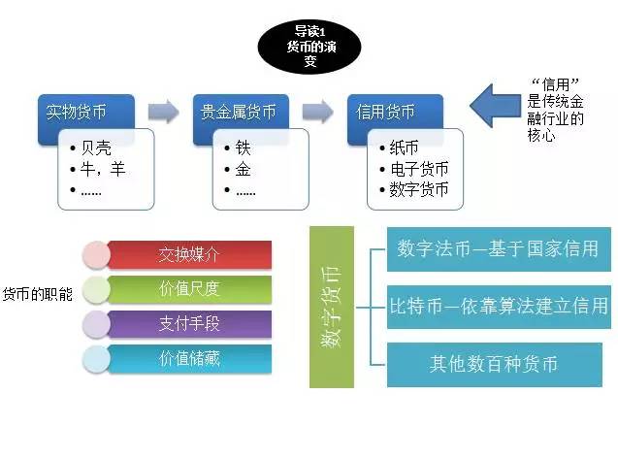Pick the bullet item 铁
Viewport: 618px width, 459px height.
pos(243,148)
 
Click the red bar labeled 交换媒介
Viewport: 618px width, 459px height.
pos(189,255)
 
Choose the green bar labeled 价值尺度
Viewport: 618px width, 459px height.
pos(189,289)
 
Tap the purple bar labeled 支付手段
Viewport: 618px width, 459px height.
pos(189,324)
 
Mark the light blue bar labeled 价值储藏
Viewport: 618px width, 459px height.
pos(189,358)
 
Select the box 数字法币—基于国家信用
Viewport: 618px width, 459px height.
pos(497,247)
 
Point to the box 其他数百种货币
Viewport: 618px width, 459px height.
pos(497,365)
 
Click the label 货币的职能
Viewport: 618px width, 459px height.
pos(37,294)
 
